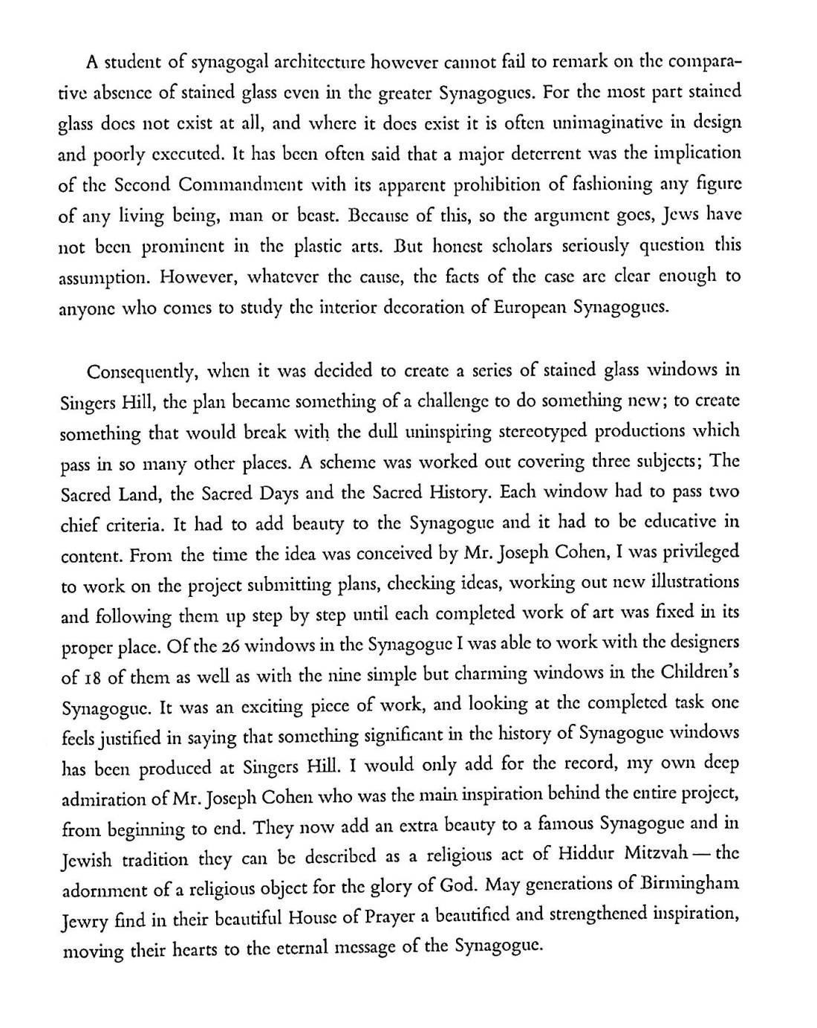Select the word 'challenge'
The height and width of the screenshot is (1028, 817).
449,401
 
